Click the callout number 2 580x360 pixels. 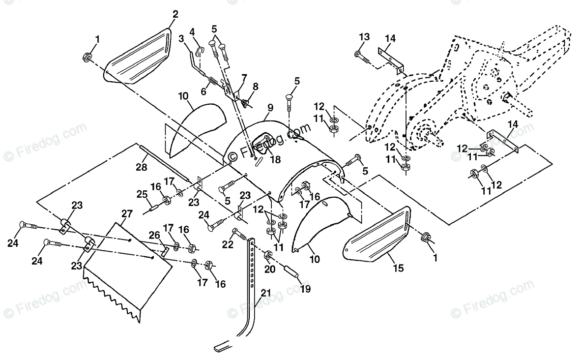point(175,14)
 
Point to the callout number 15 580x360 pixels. point(398,268)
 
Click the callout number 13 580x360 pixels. point(364,36)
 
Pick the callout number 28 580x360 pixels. point(141,167)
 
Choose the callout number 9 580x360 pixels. point(270,108)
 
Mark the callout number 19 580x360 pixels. point(306,288)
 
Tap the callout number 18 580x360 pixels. point(276,159)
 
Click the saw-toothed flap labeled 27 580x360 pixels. point(128,272)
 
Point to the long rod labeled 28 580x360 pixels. point(164,163)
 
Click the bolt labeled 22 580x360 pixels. point(240,234)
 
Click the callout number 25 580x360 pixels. point(143,194)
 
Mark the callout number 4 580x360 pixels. point(192,32)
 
